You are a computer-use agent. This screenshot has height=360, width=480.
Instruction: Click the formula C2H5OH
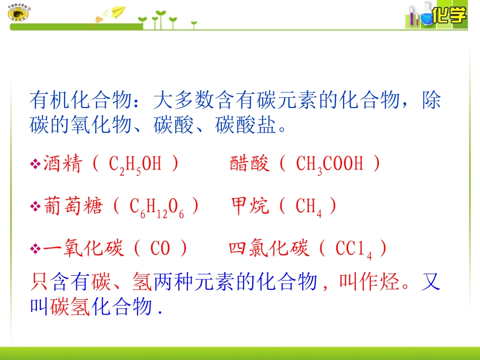pos(135,165)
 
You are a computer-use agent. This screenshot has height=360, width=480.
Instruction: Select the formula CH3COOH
pos(329,165)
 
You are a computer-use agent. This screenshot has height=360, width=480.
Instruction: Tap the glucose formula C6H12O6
pos(157,207)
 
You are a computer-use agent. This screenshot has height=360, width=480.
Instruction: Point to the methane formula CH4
pos(309,207)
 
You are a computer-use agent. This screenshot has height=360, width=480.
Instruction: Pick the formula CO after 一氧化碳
pos(161,249)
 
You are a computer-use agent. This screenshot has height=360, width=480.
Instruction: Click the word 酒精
pos(62,164)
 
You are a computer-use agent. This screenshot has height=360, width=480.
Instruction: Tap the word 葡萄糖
pos(73,207)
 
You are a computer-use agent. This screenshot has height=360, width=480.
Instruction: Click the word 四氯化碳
pos(268,249)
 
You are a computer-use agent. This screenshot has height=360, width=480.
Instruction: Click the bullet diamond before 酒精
pos(35,165)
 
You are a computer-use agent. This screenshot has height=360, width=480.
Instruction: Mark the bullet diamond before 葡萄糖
pos(35,207)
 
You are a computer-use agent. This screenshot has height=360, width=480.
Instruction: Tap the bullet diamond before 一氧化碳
pos(35,249)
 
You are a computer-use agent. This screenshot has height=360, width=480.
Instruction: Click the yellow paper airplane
pos(118,12)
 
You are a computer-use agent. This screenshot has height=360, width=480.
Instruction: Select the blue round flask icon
pos(425,17)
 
